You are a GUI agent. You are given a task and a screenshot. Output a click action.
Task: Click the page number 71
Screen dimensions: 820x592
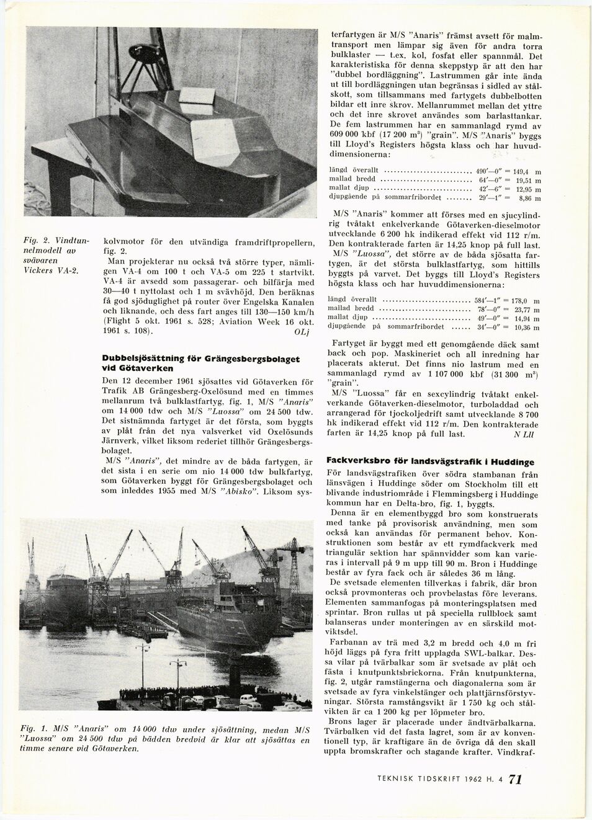515,780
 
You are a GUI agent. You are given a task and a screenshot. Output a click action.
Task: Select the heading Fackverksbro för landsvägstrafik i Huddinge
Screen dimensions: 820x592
429,463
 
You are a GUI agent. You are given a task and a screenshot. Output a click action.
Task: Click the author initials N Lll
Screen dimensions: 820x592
524,435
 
